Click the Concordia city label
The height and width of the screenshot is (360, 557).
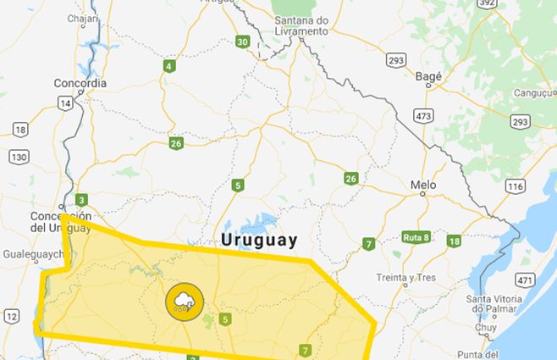pyautogui.click(x=80, y=83)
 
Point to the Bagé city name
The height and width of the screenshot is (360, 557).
pyautogui.click(x=430, y=75)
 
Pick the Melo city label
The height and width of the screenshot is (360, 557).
pyautogui.click(x=422, y=185)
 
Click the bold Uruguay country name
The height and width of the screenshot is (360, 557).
pyautogui.click(x=259, y=240)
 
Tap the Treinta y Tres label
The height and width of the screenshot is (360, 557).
pyautogui.click(x=406, y=277)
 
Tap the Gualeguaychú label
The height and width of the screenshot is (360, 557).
pyautogui.click(x=34, y=253)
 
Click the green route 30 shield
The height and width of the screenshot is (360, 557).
pyautogui.click(x=243, y=42)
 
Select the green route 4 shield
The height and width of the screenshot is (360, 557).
pyautogui.click(x=170, y=66)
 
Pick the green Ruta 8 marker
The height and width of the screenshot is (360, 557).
pyautogui.click(x=416, y=236)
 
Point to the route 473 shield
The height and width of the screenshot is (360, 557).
pyautogui.click(x=423, y=114)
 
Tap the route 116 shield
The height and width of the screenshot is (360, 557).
pyautogui.click(x=515, y=186)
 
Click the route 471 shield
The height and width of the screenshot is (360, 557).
pyautogui.click(x=526, y=280)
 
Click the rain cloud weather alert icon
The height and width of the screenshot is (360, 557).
pyautogui.click(x=182, y=301)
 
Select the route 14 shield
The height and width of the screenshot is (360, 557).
pyautogui.click(x=63, y=102)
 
